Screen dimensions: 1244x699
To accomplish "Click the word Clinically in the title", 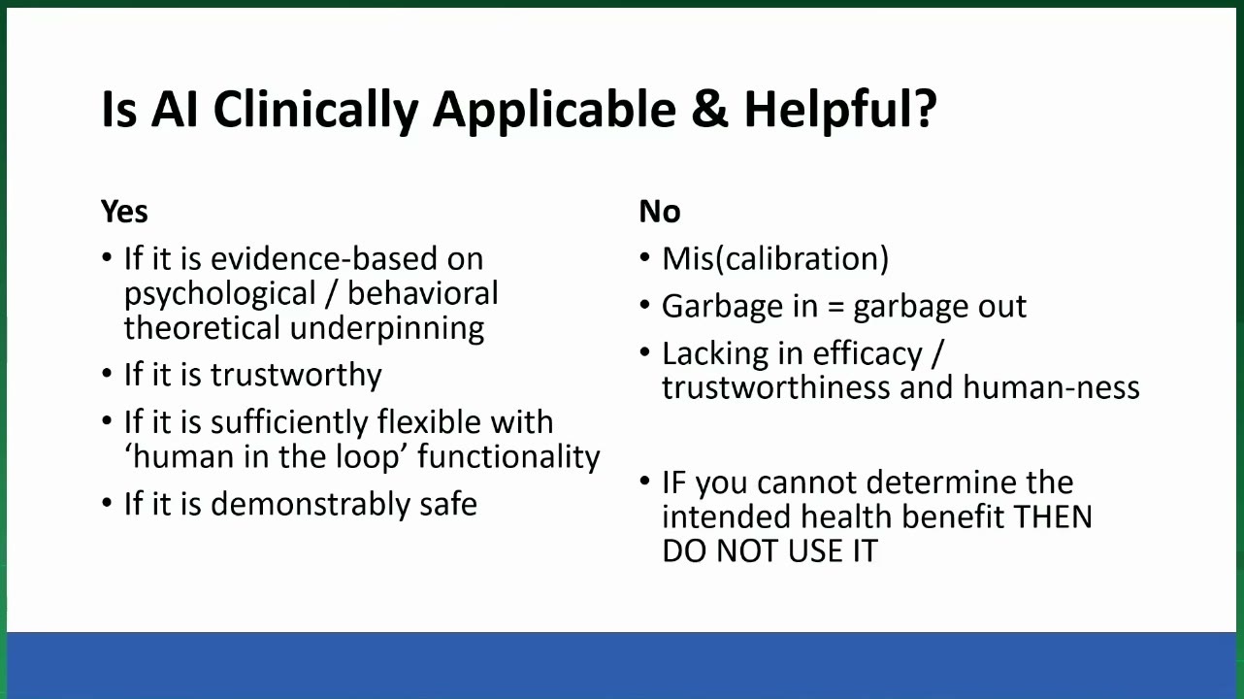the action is (315, 110).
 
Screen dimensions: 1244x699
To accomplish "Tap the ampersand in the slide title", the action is (709, 109).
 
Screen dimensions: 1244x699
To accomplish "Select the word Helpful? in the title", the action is (840, 110).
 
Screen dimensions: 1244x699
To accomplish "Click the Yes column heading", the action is (124, 212).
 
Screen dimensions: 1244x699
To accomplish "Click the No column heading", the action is (660, 212).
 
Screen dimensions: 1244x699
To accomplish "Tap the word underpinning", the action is (387, 329).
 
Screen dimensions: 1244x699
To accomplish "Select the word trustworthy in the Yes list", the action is (296, 375).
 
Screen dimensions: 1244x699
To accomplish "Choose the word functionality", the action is (508, 457).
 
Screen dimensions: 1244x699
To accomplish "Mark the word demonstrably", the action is (311, 504).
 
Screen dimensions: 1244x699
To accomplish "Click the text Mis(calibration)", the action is (775, 259).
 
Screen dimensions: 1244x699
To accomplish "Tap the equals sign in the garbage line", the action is (835, 307).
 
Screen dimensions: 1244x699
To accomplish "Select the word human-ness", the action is (1051, 387).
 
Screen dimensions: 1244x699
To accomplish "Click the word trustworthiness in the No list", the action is (776, 387).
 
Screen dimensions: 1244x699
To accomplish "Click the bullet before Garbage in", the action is (644, 305).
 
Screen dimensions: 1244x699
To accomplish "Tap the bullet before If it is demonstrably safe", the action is (107, 503).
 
